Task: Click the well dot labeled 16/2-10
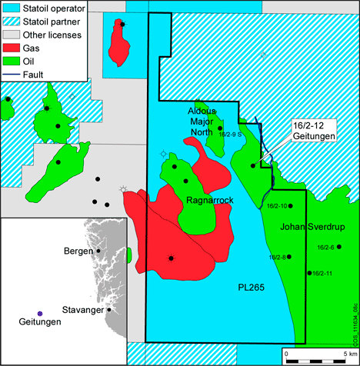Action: (290, 206)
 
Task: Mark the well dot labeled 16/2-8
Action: (289, 257)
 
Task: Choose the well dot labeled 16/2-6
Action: (338, 247)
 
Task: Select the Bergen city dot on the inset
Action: (98, 251)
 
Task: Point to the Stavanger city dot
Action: (109, 310)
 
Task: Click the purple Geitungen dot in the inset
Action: (40, 314)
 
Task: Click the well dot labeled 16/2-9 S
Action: (220, 128)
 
